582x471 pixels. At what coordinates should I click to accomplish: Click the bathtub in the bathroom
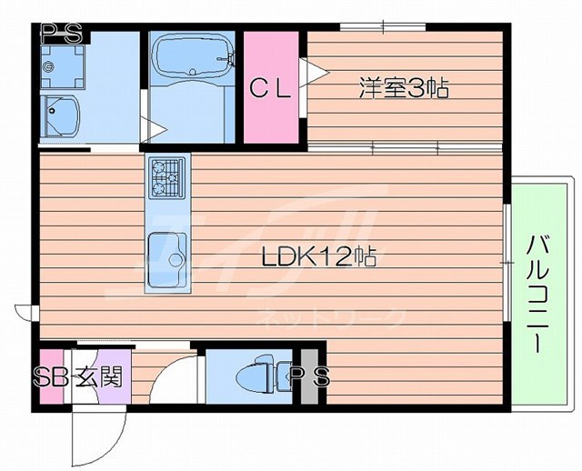190,58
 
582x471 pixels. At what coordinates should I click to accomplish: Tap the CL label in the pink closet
271,88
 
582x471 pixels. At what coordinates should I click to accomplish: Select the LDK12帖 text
319,257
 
